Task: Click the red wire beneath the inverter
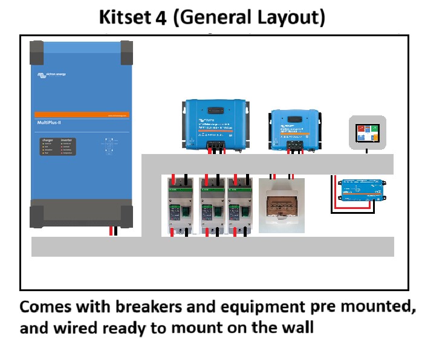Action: tap(110, 231)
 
